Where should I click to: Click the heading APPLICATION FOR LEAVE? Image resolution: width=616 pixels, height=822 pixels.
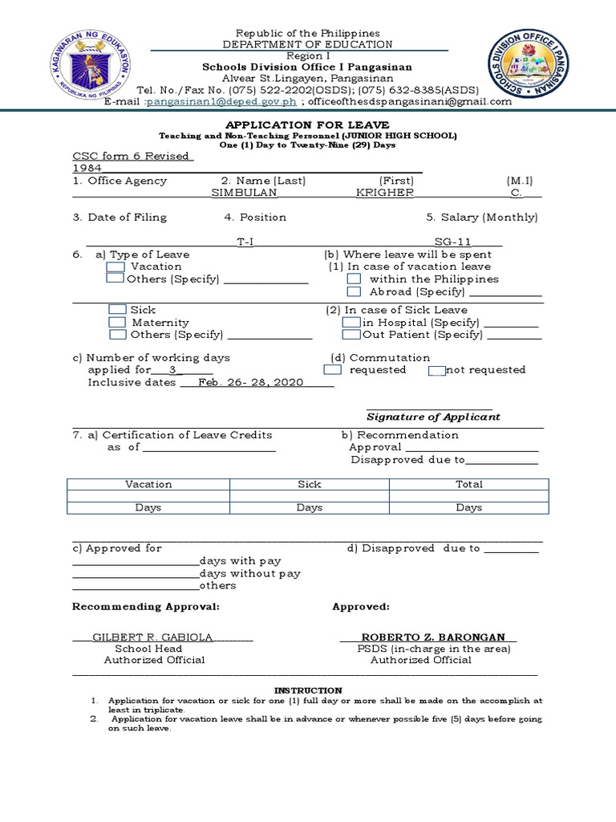pos(308,124)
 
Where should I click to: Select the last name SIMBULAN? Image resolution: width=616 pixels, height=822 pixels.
pos(244,193)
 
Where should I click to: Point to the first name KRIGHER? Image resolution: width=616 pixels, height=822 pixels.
pos(385,193)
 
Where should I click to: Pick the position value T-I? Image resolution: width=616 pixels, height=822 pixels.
pos(245,242)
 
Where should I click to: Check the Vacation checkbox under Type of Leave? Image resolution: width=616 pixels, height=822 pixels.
pos(115,267)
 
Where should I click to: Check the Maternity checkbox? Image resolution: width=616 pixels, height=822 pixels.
pos(117,323)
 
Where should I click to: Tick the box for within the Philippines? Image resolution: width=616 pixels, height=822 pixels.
pos(354,279)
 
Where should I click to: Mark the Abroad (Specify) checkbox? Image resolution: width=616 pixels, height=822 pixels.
pos(354,291)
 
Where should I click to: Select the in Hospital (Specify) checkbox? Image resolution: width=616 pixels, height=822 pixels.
pos(351,323)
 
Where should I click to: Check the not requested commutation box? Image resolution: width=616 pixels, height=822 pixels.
pos(436,370)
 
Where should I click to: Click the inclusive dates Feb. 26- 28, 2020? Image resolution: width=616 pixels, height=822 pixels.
pos(251,383)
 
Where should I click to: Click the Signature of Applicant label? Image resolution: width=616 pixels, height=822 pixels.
pos(433,417)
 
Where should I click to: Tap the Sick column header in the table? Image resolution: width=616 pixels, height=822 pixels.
pos(309,484)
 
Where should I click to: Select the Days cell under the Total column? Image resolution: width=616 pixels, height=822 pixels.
pos(469,507)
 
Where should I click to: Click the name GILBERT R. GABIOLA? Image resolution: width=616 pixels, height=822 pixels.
pos(152,637)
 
